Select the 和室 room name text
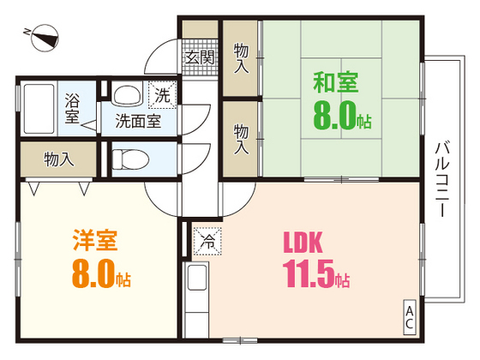click(x=335, y=84)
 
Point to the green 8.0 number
click(x=340, y=118)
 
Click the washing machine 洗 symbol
click(x=162, y=93)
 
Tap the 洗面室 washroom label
click(x=138, y=121)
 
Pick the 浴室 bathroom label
click(x=72, y=106)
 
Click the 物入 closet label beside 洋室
click(x=59, y=159)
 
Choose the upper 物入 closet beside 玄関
click(x=242, y=58)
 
